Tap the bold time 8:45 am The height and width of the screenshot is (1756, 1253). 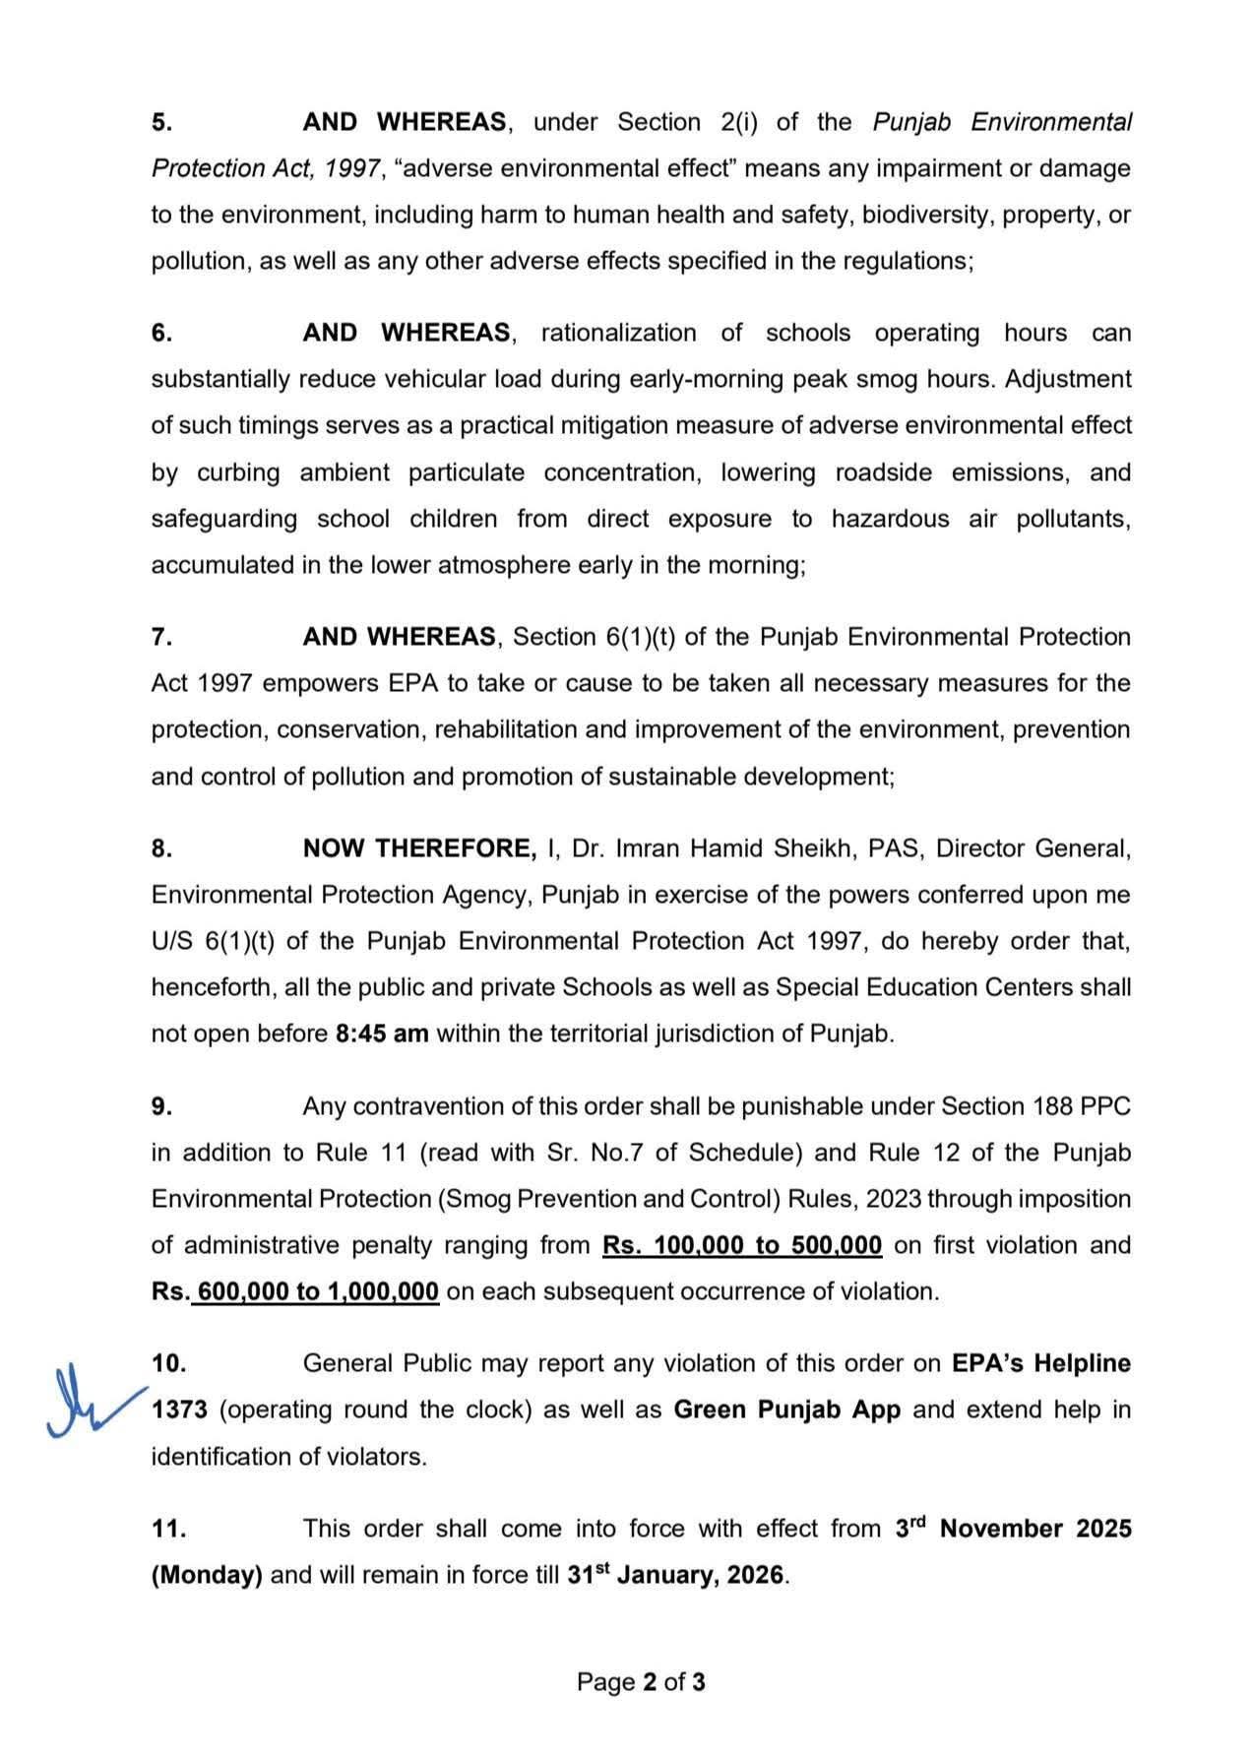click(x=382, y=1035)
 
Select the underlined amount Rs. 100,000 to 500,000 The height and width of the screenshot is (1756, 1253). click(x=742, y=1246)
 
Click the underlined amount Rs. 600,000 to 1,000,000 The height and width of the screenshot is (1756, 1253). click(x=295, y=1292)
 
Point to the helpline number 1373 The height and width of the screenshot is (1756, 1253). click(x=179, y=1411)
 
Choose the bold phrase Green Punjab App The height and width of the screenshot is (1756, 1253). click(x=786, y=1411)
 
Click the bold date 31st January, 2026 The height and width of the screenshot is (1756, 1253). click(x=676, y=1576)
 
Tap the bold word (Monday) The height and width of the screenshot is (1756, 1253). click(x=207, y=1576)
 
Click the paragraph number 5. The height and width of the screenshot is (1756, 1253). click(x=161, y=123)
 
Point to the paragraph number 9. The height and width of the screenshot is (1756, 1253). click(x=161, y=1107)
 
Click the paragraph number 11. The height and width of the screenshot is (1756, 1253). click(x=168, y=1530)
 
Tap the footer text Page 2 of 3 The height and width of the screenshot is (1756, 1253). click(x=641, y=1682)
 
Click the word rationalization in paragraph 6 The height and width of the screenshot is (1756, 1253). click(x=618, y=334)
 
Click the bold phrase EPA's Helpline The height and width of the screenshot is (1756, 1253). click(x=1040, y=1364)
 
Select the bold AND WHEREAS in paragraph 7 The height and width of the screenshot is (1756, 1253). click(x=399, y=638)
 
